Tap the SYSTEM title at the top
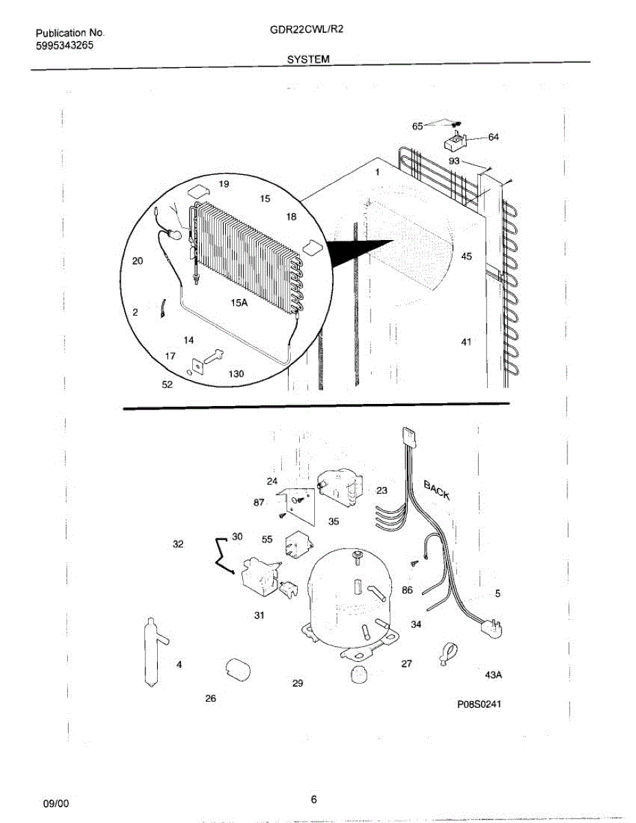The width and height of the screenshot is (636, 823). point(308,60)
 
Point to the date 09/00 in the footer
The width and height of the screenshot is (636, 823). point(56,802)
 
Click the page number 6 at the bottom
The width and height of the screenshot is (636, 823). point(314,799)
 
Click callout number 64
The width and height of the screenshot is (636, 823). point(493,136)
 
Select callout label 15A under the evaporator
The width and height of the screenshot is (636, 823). point(239,302)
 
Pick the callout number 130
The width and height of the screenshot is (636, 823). point(236,374)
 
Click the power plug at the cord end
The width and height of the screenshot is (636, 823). point(491,625)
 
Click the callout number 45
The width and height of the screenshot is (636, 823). point(467,257)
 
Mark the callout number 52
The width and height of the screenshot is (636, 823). point(167,385)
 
